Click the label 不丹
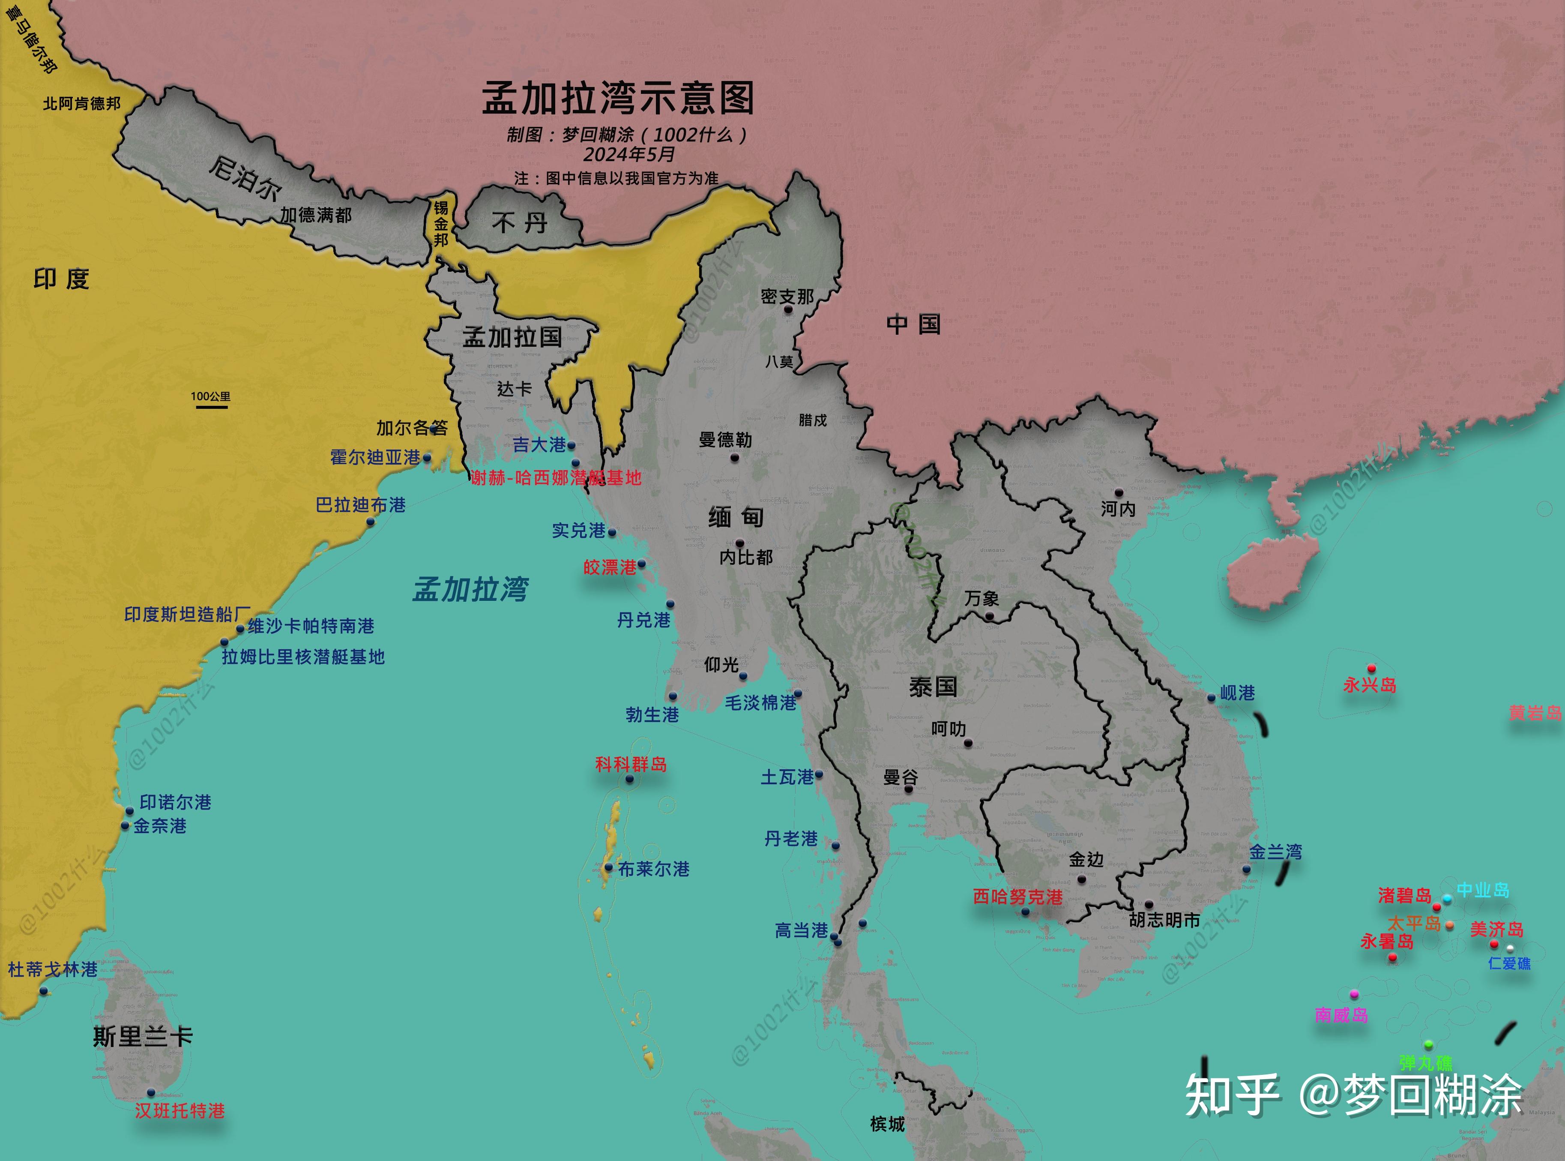[x=520, y=223]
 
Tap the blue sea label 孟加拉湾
[x=471, y=589]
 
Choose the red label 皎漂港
[x=609, y=567]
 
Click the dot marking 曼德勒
[x=735, y=458]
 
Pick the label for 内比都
[x=746, y=557]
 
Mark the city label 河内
[x=1118, y=508]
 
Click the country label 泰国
[x=933, y=687]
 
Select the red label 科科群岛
[x=631, y=764]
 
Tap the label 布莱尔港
[x=653, y=869]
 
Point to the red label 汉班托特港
[x=180, y=1110]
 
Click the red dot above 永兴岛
[x=1371, y=668]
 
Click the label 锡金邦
[x=440, y=223]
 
